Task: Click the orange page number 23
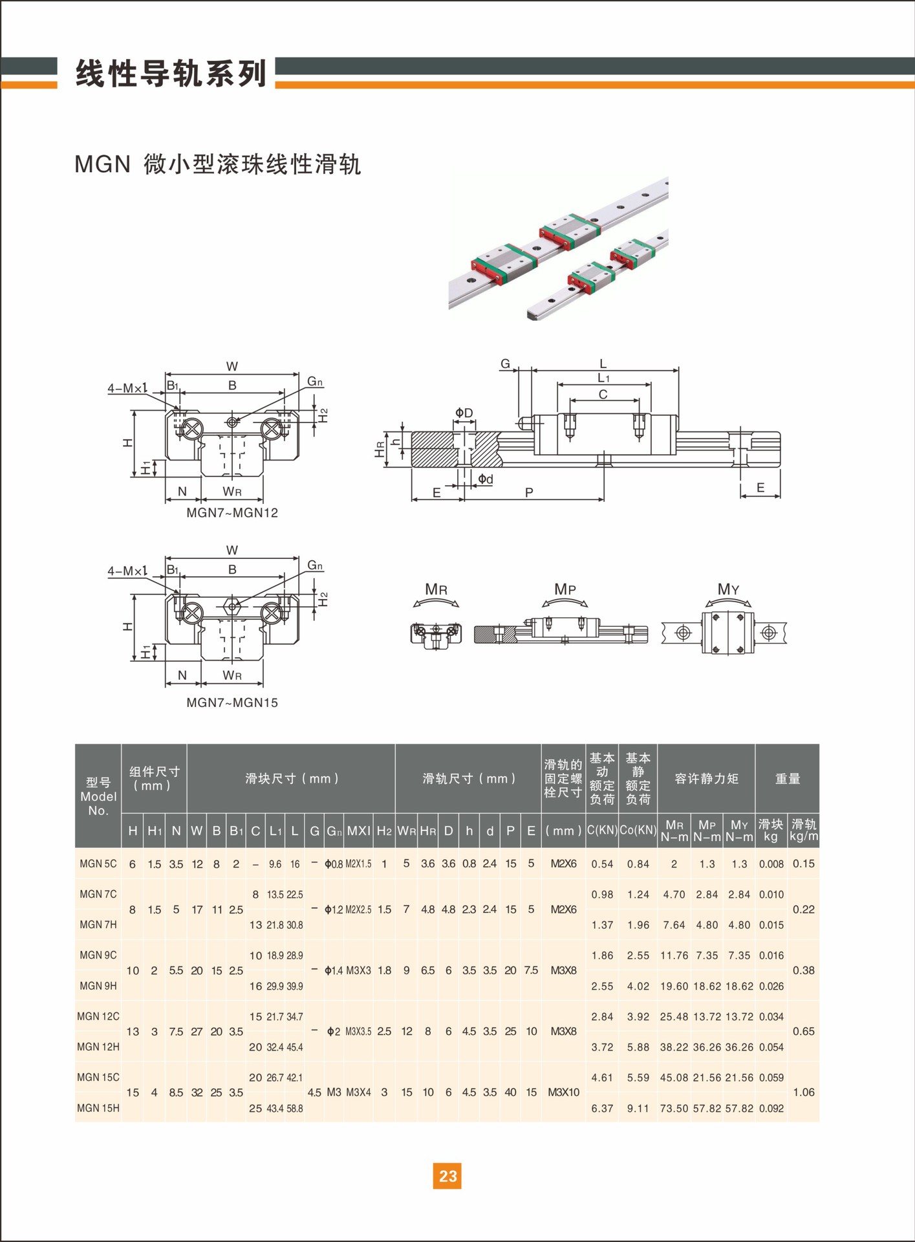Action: (447, 1175)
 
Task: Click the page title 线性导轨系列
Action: (171, 73)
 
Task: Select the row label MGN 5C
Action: (98, 864)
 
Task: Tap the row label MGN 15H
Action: (98, 1108)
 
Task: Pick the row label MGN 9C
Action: (98, 955)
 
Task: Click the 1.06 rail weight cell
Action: (804, 1093)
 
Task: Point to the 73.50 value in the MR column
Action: (674, 1108)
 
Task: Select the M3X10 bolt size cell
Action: (564, 1093)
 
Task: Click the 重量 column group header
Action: (788, 779)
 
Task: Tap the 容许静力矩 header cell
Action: (706, 779)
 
